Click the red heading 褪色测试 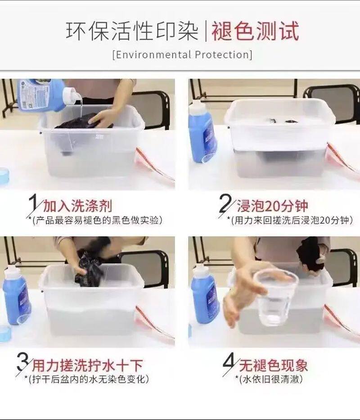pos(255,32)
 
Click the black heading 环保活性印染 pos(132,32)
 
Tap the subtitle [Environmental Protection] pos(182,54)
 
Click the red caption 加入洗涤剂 pos(78,206)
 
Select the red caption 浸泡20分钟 pos(272,206)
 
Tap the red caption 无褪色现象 pos(273,366)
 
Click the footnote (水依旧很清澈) pos(269,379)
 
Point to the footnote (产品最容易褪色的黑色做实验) pos(97,221)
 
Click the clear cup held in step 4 pos(275,297)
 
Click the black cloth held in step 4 pos(310,256)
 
